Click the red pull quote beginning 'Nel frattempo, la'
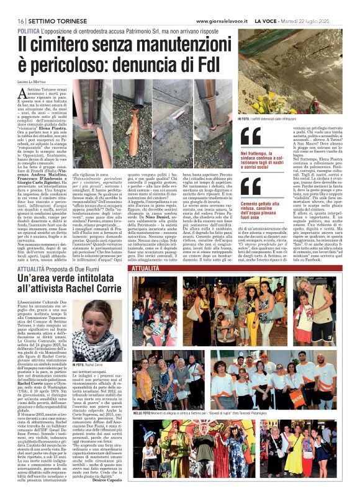260,160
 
